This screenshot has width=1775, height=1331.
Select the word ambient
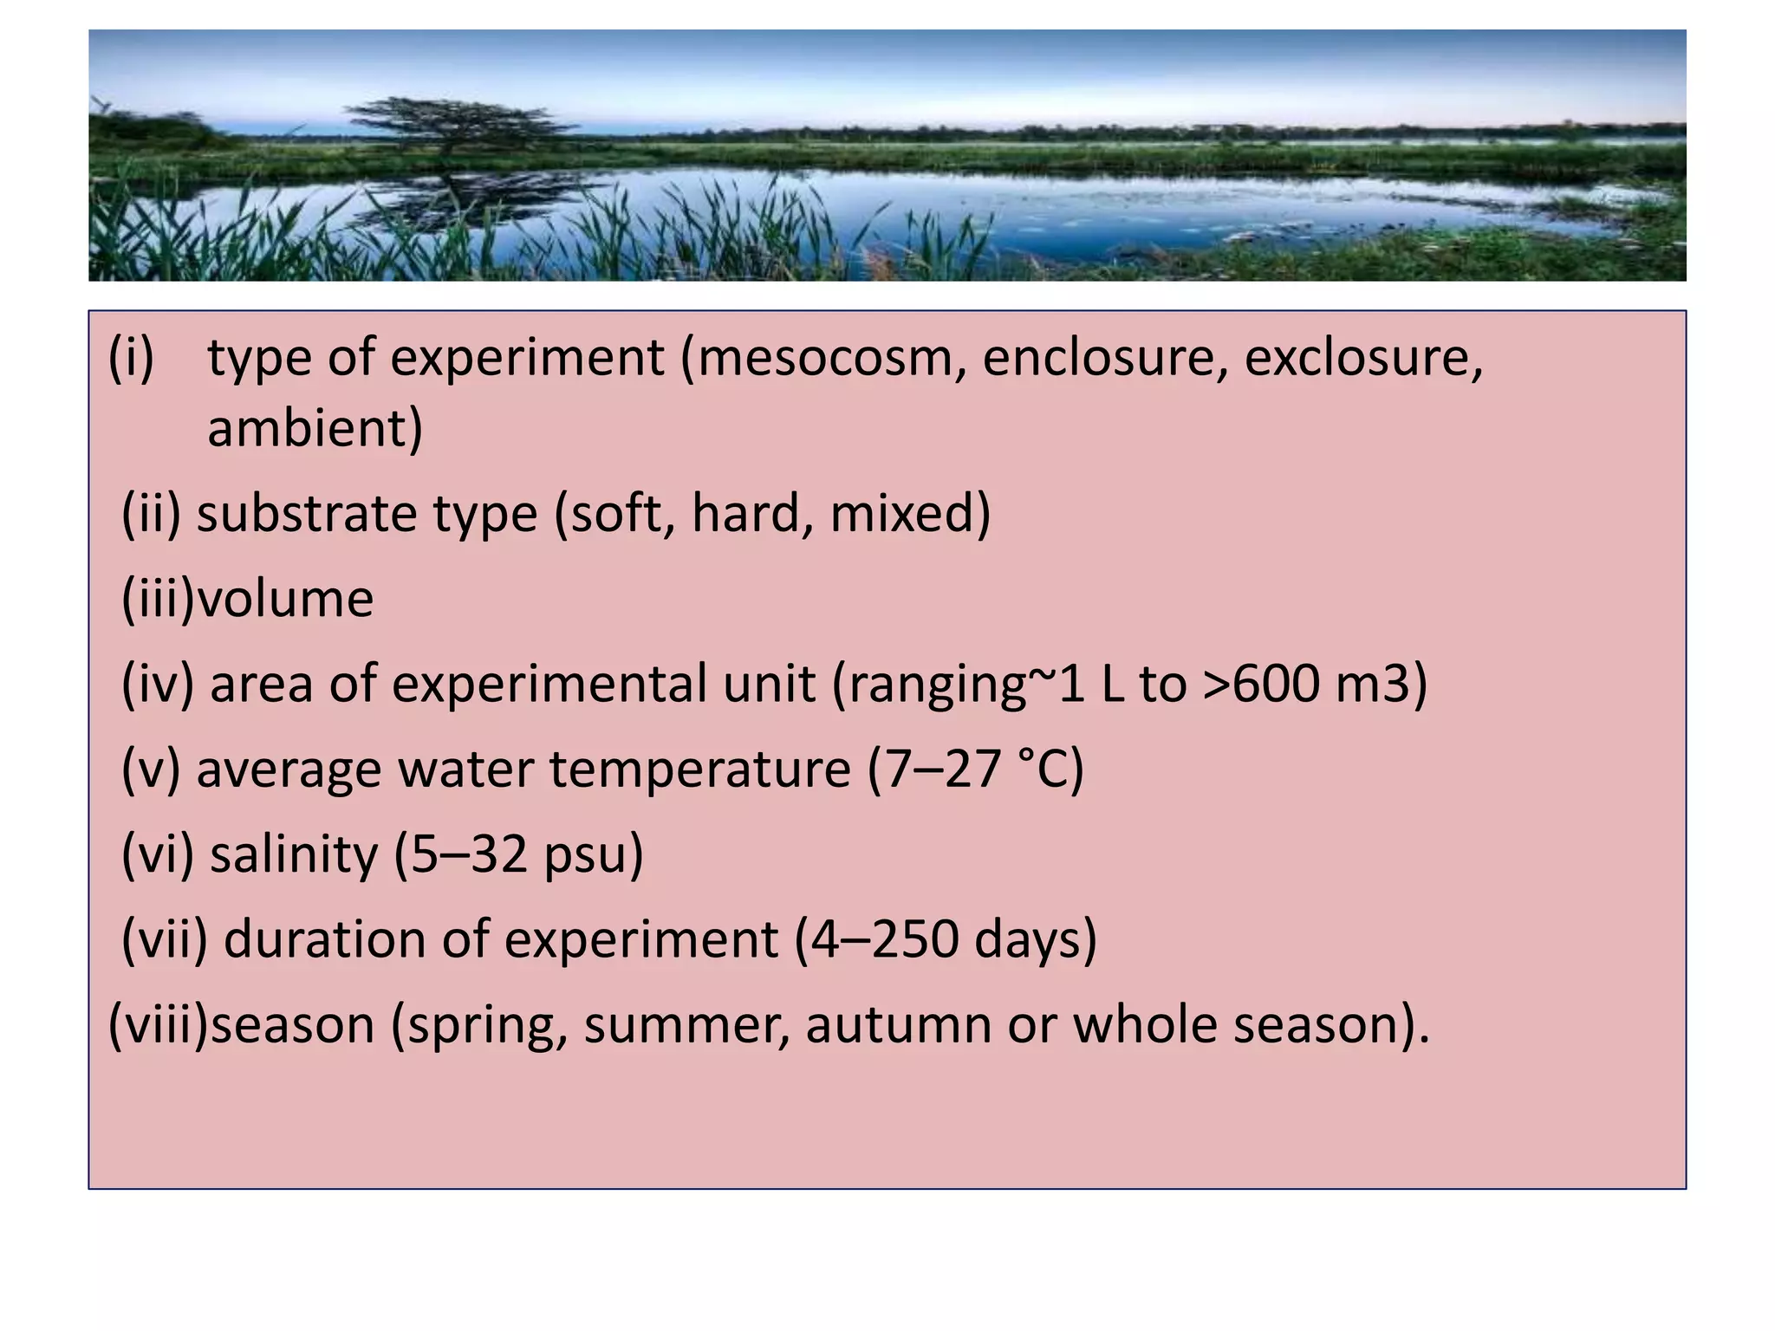pyautogui.click(x=314, y=428)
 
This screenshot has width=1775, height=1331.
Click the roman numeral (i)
pyautogui.click(x=131, y=358)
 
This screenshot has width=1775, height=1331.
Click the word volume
pyautogui.click(x=285, y=599)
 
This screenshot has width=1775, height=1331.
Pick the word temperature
pyautogui.click(x=699, y=769)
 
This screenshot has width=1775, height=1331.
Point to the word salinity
pyautogui.click(x=294, y=854)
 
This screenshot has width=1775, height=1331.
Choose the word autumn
pyautogui.click(x=897, y=1025)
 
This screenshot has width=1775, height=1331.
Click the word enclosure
pyautogui.click(x=1104, y=358)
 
